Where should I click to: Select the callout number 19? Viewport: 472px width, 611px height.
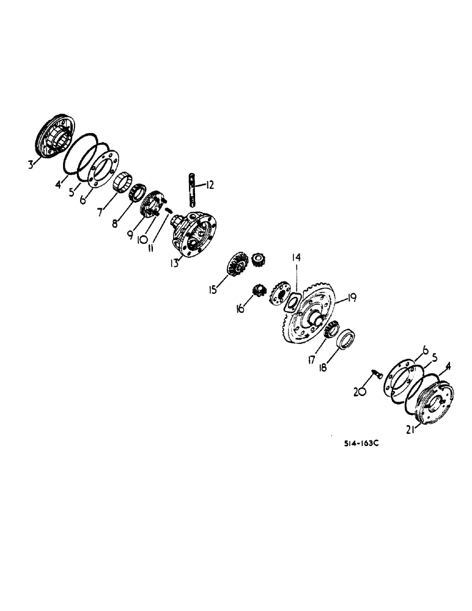(x=351, y=299)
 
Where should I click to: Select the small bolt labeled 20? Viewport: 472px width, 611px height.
(x=377, y=376)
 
